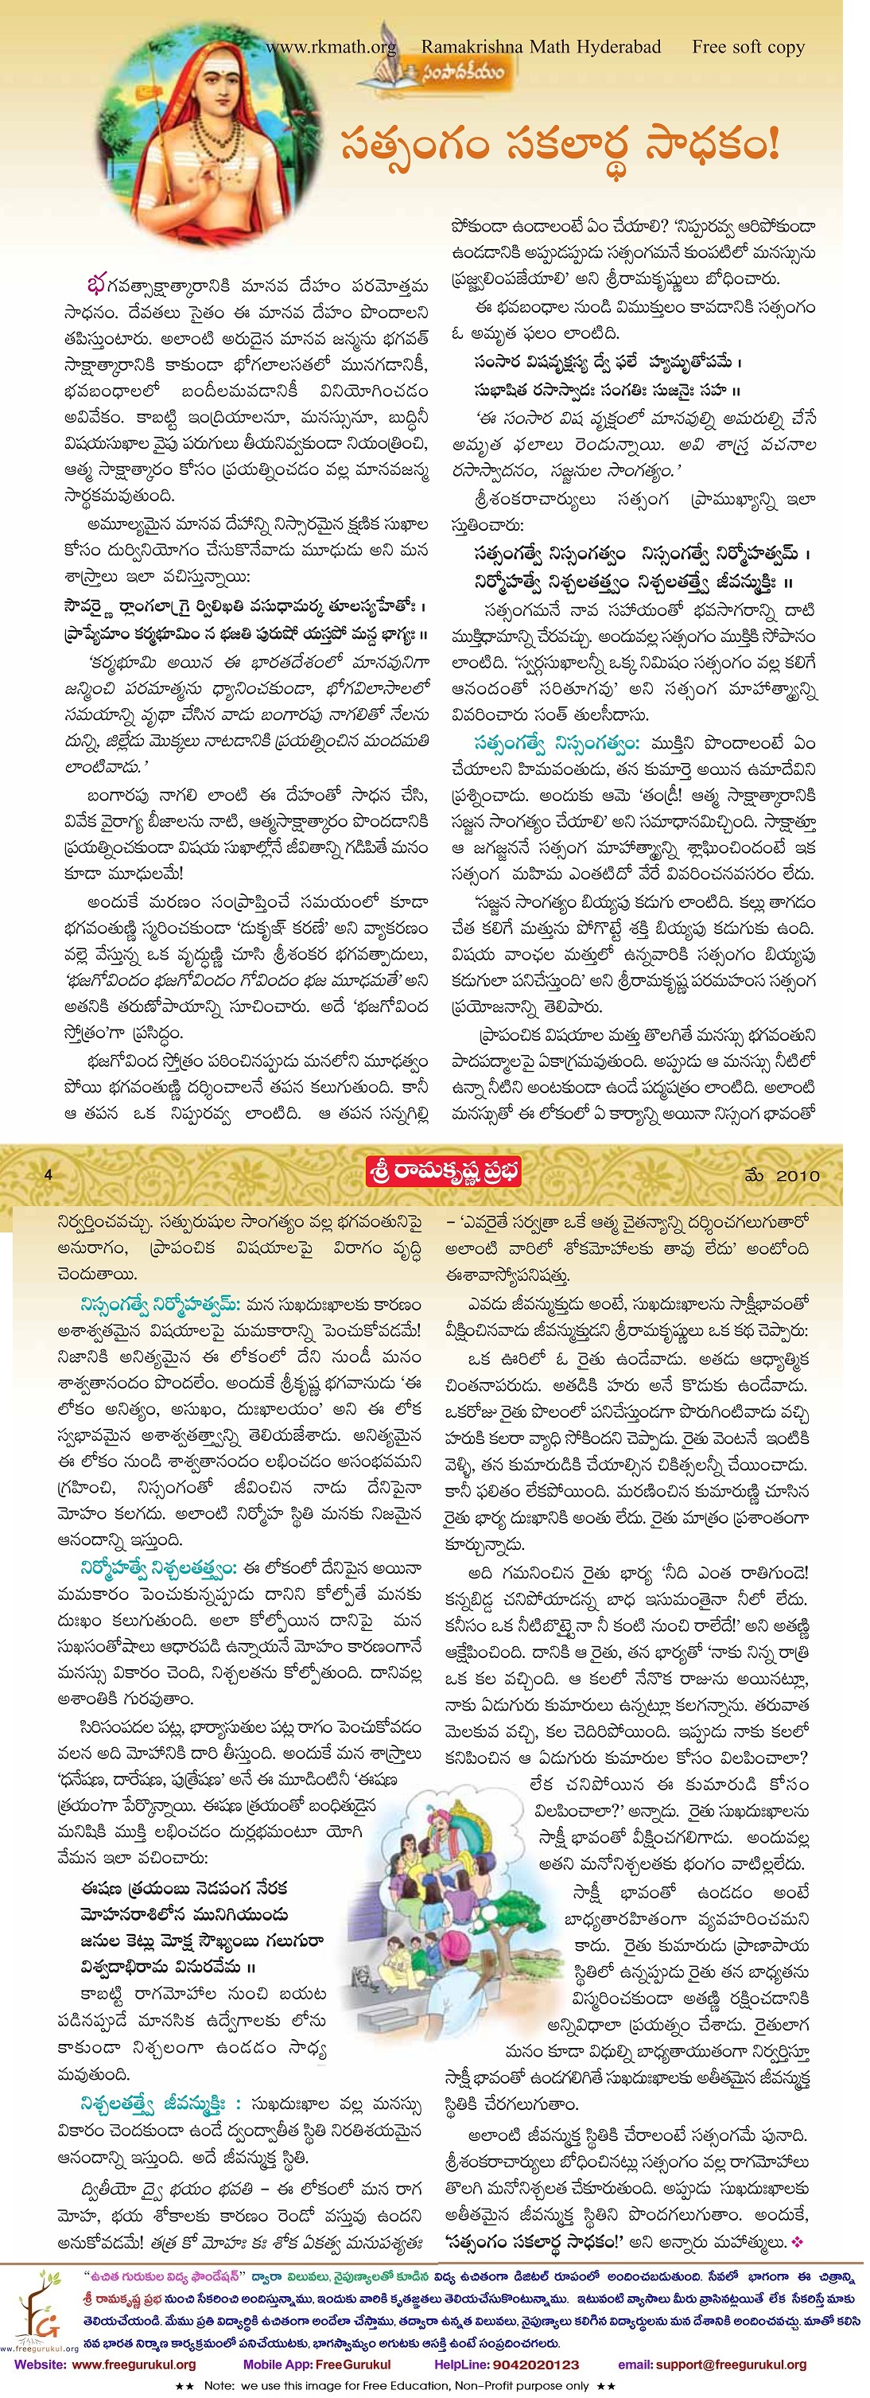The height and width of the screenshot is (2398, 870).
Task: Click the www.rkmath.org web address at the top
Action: pos(330,47)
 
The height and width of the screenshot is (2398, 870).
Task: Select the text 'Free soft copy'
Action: pos(748,47)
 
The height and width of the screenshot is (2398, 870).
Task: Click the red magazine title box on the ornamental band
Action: pos(442,1171)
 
